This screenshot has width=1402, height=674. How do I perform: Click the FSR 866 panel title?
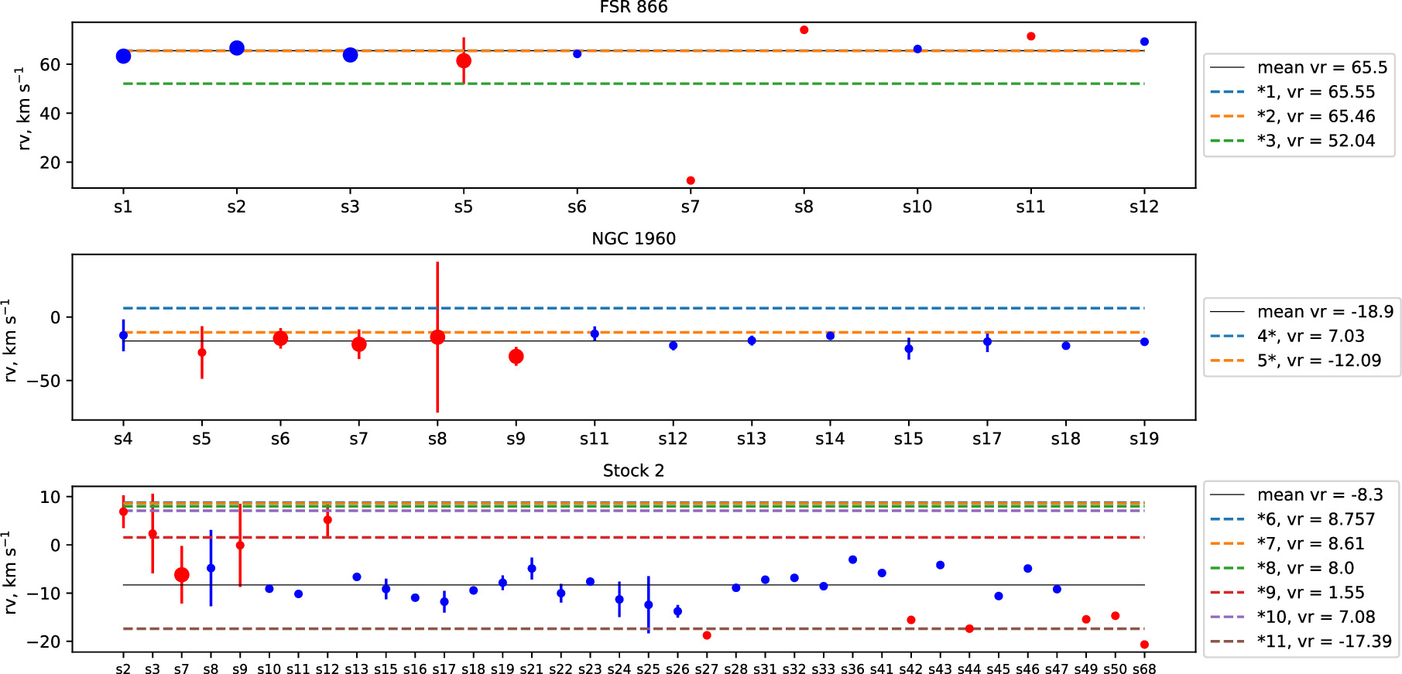point(633,8)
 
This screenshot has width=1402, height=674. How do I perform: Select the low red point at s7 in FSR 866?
point(691,180)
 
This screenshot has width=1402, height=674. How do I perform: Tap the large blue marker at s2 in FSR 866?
point(237,48)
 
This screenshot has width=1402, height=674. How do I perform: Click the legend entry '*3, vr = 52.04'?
point(1315,141)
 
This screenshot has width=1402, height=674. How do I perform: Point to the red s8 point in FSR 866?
point(804,30)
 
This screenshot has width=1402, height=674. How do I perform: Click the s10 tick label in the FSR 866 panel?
point(917,207)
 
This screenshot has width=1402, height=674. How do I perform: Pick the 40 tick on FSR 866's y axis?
point(50,114)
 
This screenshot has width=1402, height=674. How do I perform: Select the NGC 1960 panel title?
point(633,238)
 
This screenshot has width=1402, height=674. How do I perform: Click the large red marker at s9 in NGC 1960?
point(516,357)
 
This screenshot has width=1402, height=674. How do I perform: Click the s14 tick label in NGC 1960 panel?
point(830,439)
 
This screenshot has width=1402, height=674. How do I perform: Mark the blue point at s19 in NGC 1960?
point(1144,342)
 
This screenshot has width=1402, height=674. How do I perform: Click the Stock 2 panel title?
point(633,470)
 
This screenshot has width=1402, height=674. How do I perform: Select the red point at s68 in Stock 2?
point(1144,645)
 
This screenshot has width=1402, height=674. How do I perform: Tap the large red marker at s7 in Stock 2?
point(182,575)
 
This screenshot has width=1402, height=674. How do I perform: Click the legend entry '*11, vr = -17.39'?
point(1323,641)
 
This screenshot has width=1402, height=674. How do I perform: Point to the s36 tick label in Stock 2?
point(852,669)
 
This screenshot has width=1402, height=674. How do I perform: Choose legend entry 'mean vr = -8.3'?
point(1319,494)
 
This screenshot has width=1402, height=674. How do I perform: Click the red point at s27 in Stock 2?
point(707,635)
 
